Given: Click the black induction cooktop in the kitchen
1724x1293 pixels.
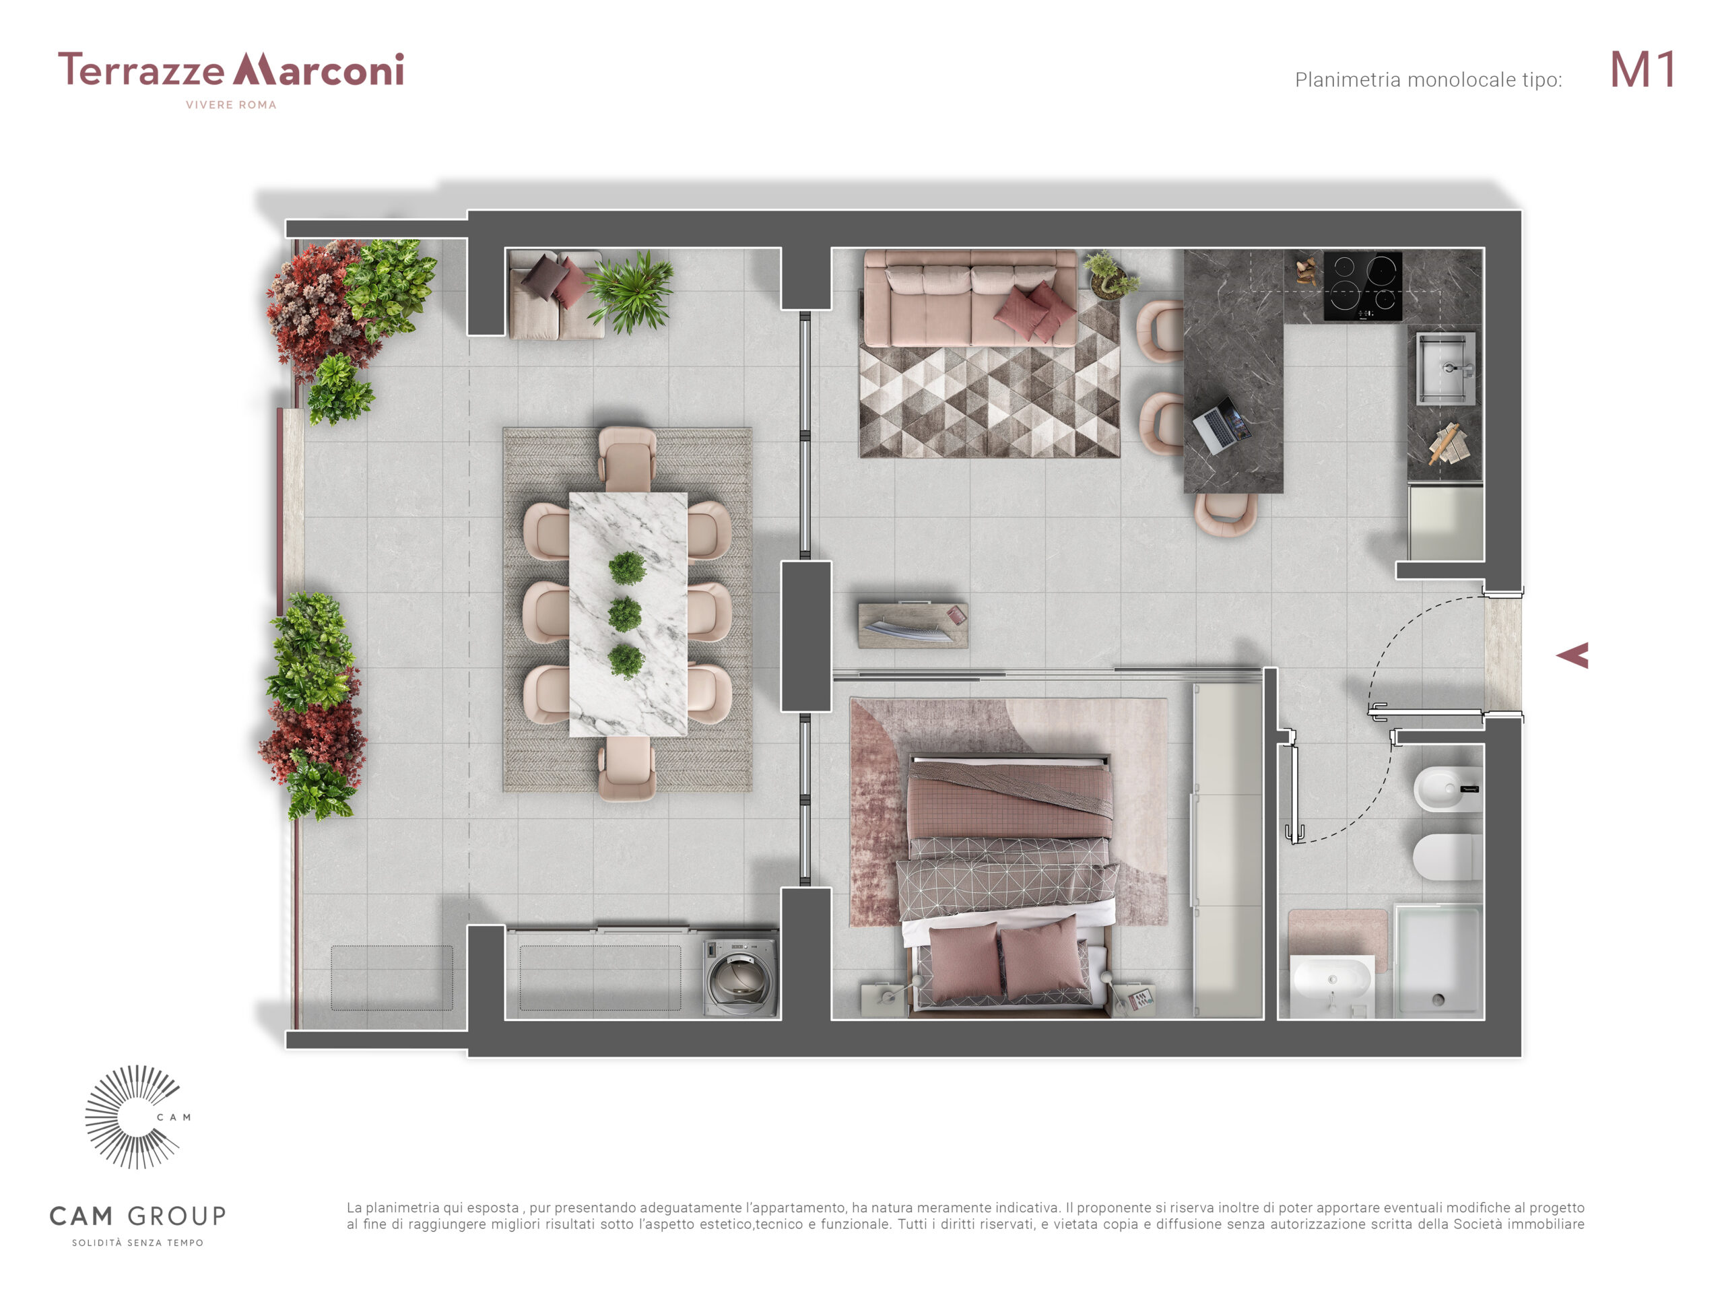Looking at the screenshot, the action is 1362,286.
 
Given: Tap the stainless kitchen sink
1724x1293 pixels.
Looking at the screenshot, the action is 1446,368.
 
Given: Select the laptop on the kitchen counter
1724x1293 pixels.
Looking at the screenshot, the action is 1222,425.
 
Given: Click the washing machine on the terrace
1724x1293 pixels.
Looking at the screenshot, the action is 739,976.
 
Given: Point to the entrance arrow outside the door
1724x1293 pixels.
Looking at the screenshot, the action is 1574,655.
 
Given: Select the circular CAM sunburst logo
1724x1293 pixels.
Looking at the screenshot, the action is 133,1117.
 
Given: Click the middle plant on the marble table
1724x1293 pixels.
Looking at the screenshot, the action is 625,614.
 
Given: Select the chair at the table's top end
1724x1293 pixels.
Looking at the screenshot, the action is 626,459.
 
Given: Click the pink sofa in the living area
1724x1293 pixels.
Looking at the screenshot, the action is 970,298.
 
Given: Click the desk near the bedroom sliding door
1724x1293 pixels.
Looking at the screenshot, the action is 913,625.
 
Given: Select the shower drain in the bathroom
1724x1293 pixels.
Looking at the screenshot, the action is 1438,999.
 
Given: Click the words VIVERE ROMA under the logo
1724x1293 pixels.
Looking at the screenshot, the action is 231,105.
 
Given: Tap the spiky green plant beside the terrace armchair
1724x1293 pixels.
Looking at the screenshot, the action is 630,292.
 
